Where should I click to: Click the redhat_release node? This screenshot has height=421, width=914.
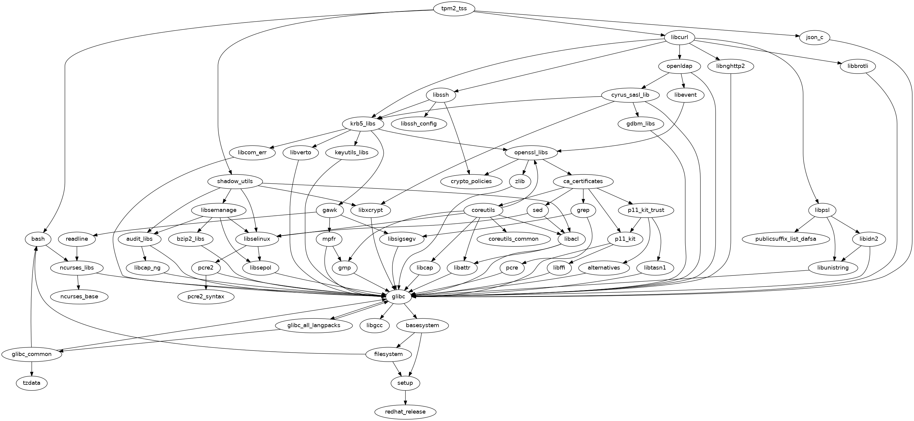click(x=405, y=412)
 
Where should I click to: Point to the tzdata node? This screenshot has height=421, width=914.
click(x=32, y=383)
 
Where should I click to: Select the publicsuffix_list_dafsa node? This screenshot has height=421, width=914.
click(x=786, y=239)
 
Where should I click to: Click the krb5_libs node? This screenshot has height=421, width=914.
click(x=363, y=124)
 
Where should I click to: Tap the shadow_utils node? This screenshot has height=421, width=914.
click(x=235, y=181)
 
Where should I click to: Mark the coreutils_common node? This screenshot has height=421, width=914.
click(x=514, y=239)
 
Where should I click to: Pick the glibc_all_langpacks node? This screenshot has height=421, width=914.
click(x=314, y=325)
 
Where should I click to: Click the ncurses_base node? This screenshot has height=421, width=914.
click(x=79, y=296)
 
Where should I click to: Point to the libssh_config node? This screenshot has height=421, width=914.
click(x=419, y=124)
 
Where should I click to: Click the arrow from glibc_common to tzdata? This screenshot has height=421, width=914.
click(x=32, y=369)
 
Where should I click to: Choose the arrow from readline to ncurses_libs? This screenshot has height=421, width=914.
click(x=77, y=253)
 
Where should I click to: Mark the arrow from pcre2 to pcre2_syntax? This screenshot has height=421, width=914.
click(x=206, y=282)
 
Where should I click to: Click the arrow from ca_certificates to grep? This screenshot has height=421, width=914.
click(x=583, y=195)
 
